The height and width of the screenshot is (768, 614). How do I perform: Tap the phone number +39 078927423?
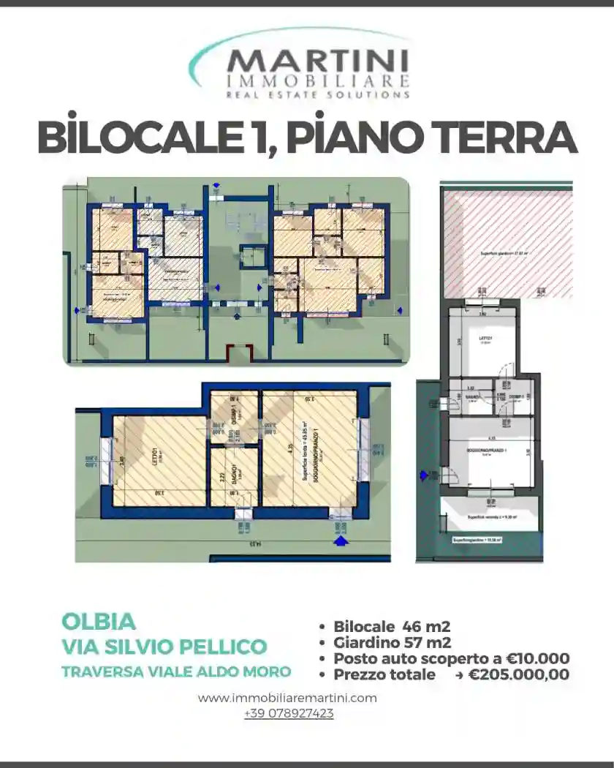coord(289,713)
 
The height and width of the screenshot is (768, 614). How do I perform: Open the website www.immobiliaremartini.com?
coord(287,698)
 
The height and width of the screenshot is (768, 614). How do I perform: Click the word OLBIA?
coord(99,622)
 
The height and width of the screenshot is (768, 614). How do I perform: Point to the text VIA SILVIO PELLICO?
coord(164,647)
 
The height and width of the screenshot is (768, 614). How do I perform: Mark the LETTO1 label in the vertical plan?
coord(484,339)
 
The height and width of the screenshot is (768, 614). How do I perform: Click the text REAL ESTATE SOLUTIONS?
coord(317,94)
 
